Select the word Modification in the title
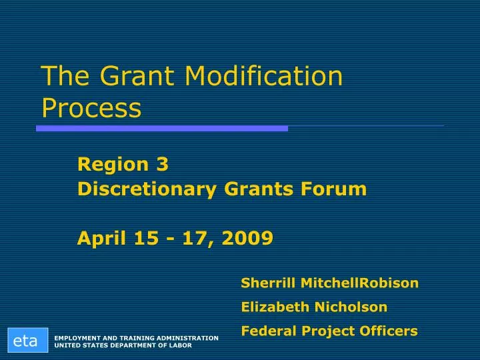(x=263, y=77)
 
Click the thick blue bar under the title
(x=162, y=128)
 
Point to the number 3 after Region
(x=163, y=164)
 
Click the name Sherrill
(x=269, y=283)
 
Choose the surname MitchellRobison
(x=360, y=283)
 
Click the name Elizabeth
(x=274, y=307)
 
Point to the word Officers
(x=390, y=331)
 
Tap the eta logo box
(x=25, y=341)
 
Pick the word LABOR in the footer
(x=178, y=345)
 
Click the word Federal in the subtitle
(x=267, y=331)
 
